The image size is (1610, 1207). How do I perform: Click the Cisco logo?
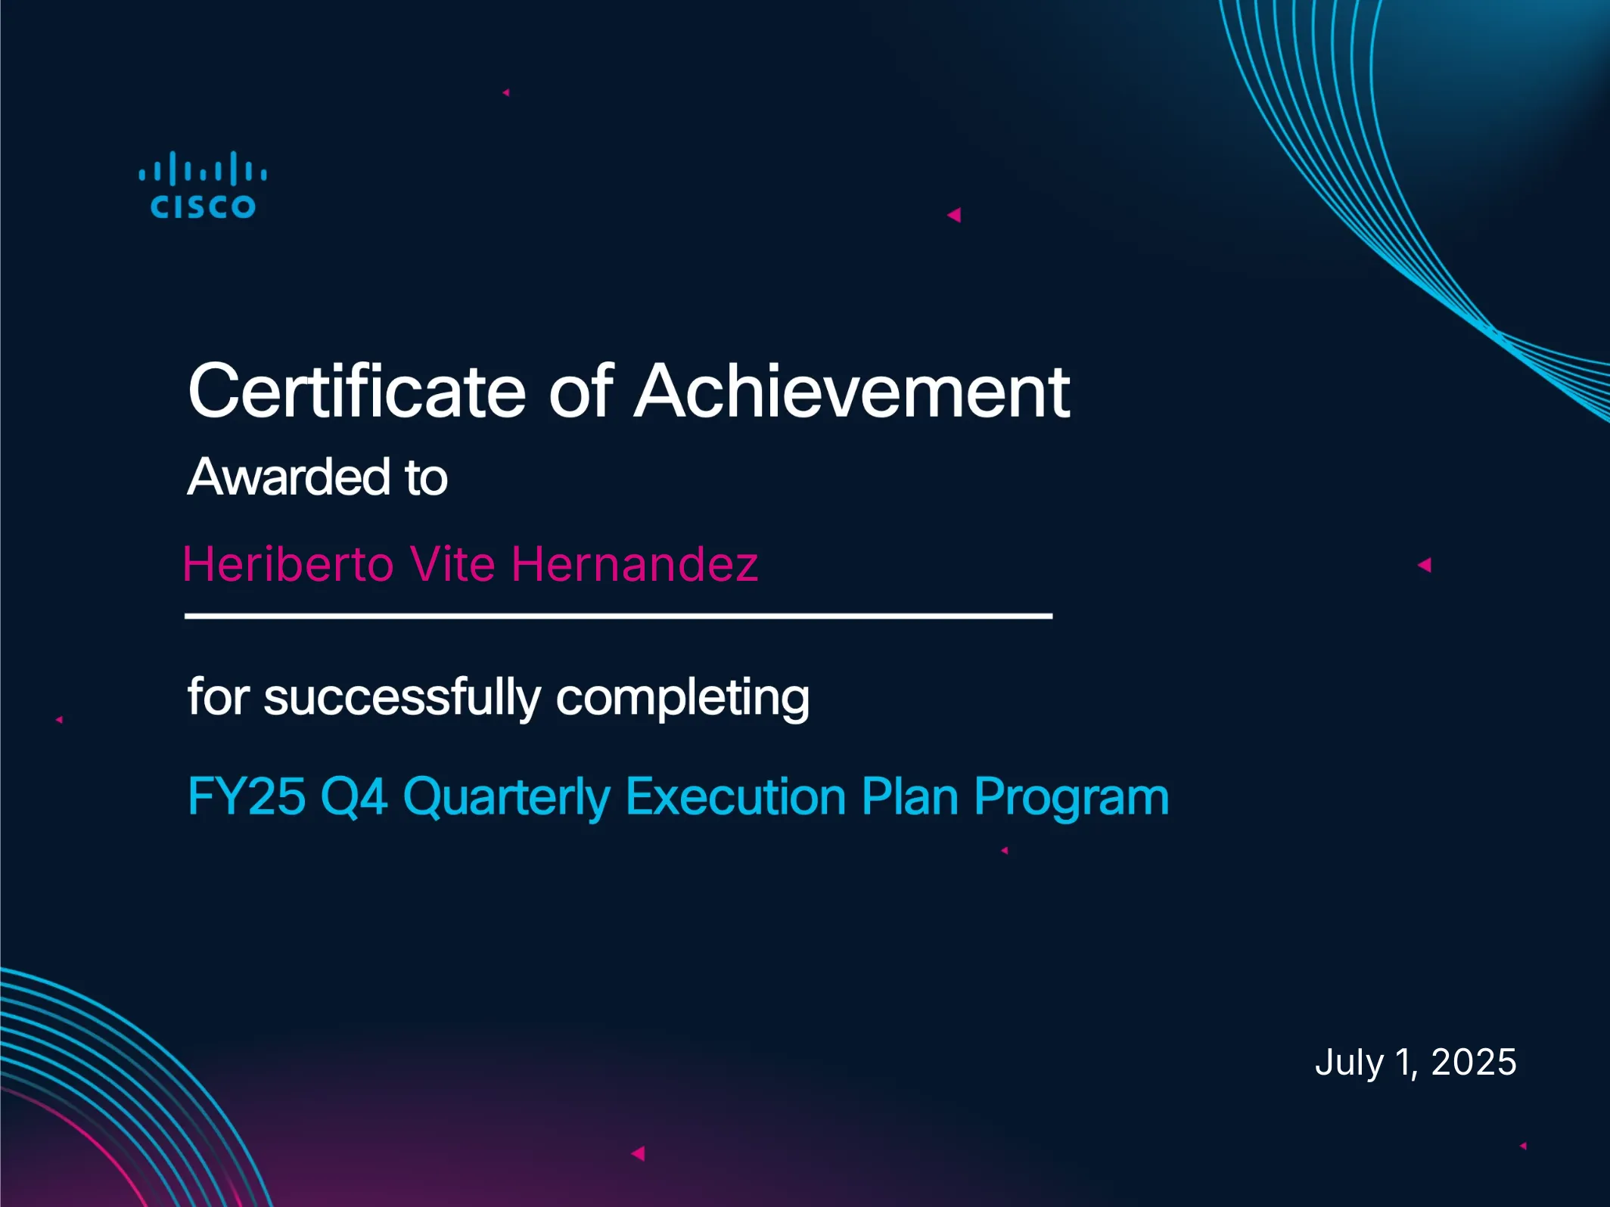click(x=203, y=185)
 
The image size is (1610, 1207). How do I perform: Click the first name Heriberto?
click(x=287, y=564)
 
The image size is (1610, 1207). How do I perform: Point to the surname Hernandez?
click(x=635, y=564)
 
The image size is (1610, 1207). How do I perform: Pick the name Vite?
click(x=452, y=564)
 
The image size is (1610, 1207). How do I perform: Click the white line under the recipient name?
click(x=618, y=616)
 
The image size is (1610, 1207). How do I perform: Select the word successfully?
click(x=402, y=697)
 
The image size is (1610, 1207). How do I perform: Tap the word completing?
click(x=682, y=697)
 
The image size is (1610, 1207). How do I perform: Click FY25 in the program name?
click(x=247, y=796)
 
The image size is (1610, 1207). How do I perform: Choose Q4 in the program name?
click(x=354, y=798)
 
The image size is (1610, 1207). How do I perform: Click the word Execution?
click(x=736, y=796)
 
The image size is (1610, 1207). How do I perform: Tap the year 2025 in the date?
click(x=1474, y=1062)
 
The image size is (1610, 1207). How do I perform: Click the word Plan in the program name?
click(x=910, y=796)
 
